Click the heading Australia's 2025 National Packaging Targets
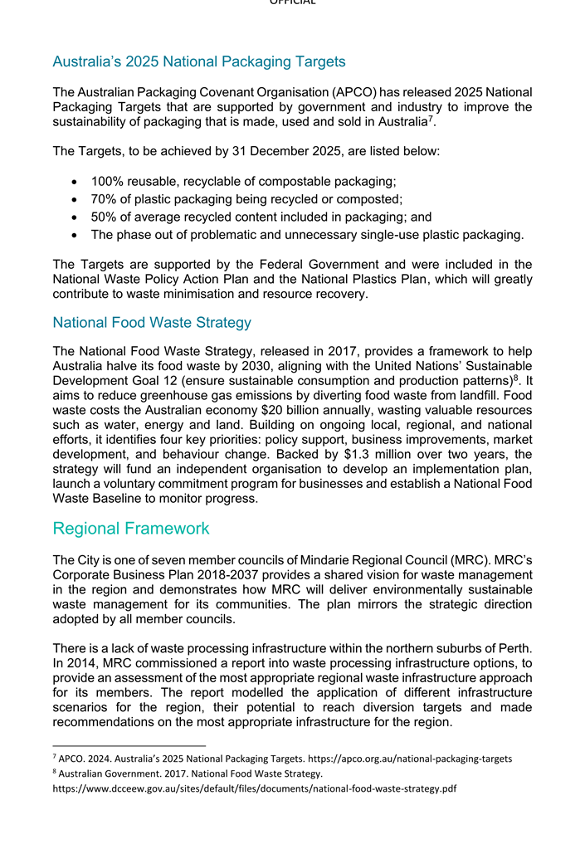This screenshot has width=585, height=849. pos(198,61)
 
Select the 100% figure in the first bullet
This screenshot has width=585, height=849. pos(106,181)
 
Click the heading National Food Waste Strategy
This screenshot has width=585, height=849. pos(151,322)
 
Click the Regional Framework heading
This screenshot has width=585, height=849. pos(130,529)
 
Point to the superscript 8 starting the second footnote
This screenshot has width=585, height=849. pos(55,772)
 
